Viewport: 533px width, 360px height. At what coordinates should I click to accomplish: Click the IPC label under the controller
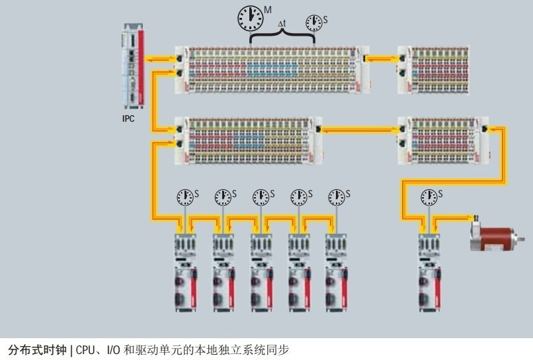[128, 119]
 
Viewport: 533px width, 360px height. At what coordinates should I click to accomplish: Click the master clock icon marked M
[250, 18]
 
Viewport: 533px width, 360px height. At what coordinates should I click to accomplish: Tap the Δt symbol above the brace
[282, 24]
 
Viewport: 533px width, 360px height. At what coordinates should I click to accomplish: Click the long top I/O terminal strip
[271, 69]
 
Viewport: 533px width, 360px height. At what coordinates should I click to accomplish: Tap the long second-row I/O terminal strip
[247, 140]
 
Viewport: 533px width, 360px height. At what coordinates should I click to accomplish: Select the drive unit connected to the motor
[429, 271]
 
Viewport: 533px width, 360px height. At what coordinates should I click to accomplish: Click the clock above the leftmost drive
[184, 197]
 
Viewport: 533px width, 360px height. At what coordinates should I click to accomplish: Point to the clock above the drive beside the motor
[430, 197]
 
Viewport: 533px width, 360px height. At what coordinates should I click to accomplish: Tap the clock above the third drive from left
[261, 197]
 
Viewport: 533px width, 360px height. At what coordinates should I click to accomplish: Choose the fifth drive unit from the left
[336, 271]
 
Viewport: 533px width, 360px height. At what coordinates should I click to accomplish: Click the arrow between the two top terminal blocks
[382, 60]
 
